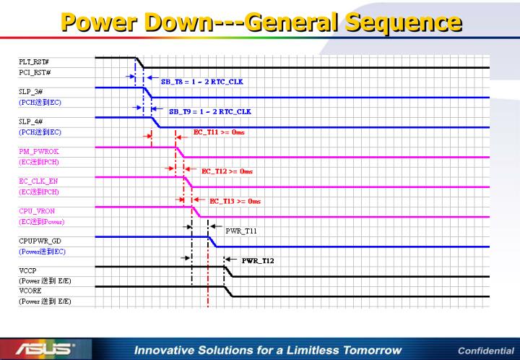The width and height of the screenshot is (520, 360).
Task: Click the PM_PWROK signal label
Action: [35, 151]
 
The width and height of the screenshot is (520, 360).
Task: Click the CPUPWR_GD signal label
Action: [37, 239]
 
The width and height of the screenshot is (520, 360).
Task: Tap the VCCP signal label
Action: [27, 269]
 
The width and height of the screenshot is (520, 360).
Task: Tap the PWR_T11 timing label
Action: [241, 231]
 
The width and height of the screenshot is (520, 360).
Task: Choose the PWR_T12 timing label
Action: [257, 260]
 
